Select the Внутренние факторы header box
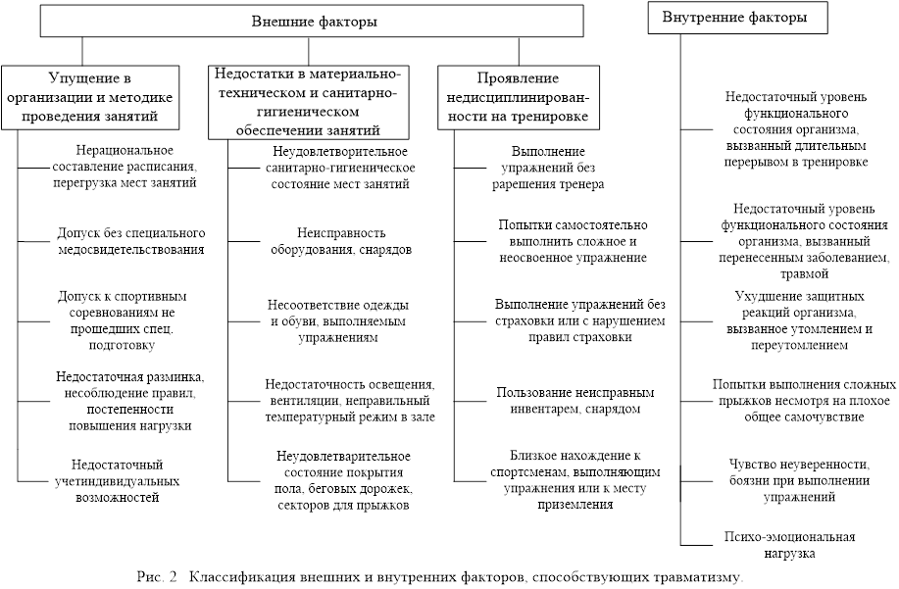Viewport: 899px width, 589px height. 735,18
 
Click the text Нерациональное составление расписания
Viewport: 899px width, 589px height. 125,166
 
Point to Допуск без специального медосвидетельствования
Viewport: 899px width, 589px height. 130,241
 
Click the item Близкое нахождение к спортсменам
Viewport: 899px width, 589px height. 574,479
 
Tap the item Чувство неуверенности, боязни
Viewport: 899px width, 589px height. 799,479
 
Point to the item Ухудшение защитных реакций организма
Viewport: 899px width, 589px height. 799,319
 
